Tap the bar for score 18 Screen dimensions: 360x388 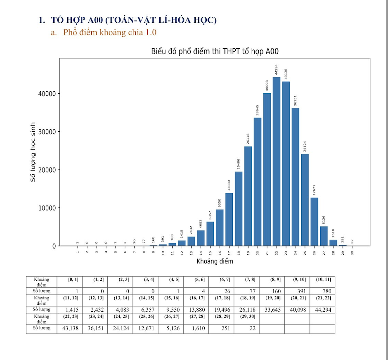[239, 208]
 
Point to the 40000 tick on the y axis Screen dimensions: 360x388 [46, 94]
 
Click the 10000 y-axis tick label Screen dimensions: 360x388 [46, 208]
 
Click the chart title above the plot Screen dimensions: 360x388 [215, 52]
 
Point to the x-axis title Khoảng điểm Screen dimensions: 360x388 [215, 261]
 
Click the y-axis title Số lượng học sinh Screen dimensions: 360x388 [33, 152]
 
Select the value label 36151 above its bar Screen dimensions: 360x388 [296, 100]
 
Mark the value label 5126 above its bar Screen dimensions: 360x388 [324, 220]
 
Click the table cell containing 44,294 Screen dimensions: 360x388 [322, 309]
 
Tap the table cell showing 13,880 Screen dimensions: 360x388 [195, 309]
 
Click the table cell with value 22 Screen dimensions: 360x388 [246, 328]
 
